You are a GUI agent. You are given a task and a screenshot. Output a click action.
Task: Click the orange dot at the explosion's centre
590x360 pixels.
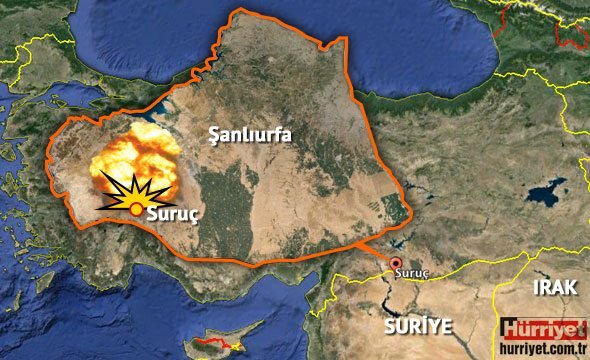coord(136,208)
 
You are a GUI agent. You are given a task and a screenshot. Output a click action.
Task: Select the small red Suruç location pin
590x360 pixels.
coord(395,262)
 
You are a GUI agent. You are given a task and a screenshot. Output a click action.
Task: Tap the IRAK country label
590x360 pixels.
coord(555,288)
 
